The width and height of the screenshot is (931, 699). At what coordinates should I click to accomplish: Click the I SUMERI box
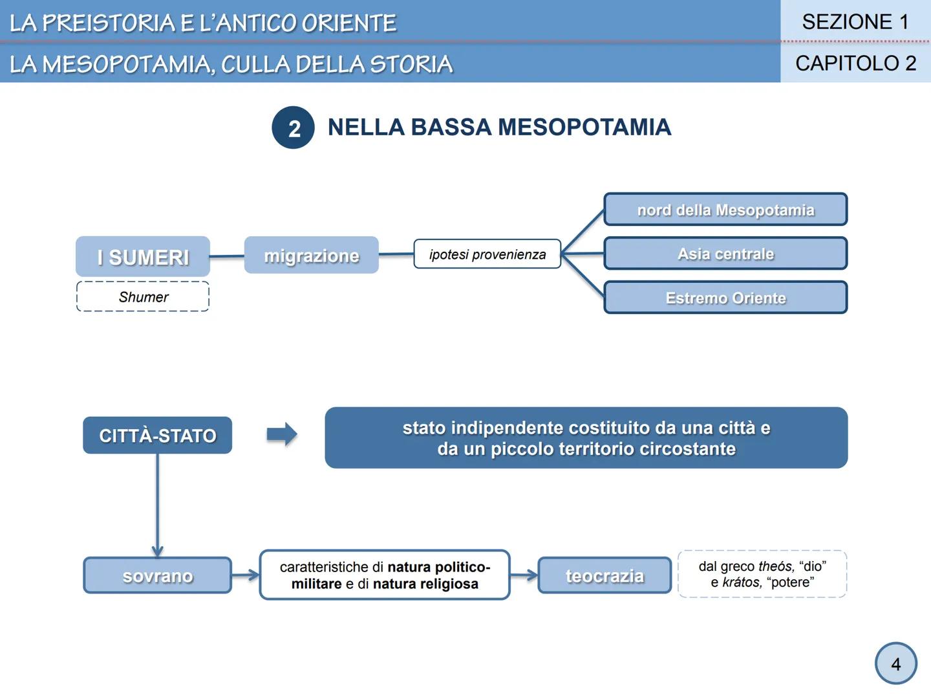tap(143, 257)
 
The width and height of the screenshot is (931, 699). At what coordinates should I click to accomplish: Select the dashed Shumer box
tap(143, 297)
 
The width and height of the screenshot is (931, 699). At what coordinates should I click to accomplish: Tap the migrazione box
tap(311, 256)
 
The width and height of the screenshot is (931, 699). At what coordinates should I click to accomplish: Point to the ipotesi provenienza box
tap(487, 254)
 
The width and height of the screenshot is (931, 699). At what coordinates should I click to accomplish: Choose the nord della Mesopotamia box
tap(725, 210)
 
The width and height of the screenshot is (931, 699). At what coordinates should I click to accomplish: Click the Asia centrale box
tap(725, 254)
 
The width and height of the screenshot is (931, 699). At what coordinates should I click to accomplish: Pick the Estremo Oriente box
tap(725, 298)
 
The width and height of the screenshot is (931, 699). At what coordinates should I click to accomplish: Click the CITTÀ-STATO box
tap(157, 436)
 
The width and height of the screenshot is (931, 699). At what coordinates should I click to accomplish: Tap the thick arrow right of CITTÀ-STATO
tap(282, 434)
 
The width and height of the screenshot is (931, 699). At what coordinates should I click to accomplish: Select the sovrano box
tap(157, 575)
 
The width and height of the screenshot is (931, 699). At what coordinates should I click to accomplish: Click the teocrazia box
tap(605, 575)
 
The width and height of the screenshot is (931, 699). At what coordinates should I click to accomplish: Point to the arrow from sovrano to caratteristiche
tap(246, 575)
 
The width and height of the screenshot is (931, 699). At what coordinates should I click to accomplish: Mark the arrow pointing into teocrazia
tap(524, 575)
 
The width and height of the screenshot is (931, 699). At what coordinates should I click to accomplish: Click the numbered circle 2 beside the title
tap(294, 128)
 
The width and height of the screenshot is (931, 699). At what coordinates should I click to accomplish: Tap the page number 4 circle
tap(895, 664)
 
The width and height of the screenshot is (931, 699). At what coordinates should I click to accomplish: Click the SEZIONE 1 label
tap(855, 22)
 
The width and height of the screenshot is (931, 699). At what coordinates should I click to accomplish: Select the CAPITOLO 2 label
tap(855, 63)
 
